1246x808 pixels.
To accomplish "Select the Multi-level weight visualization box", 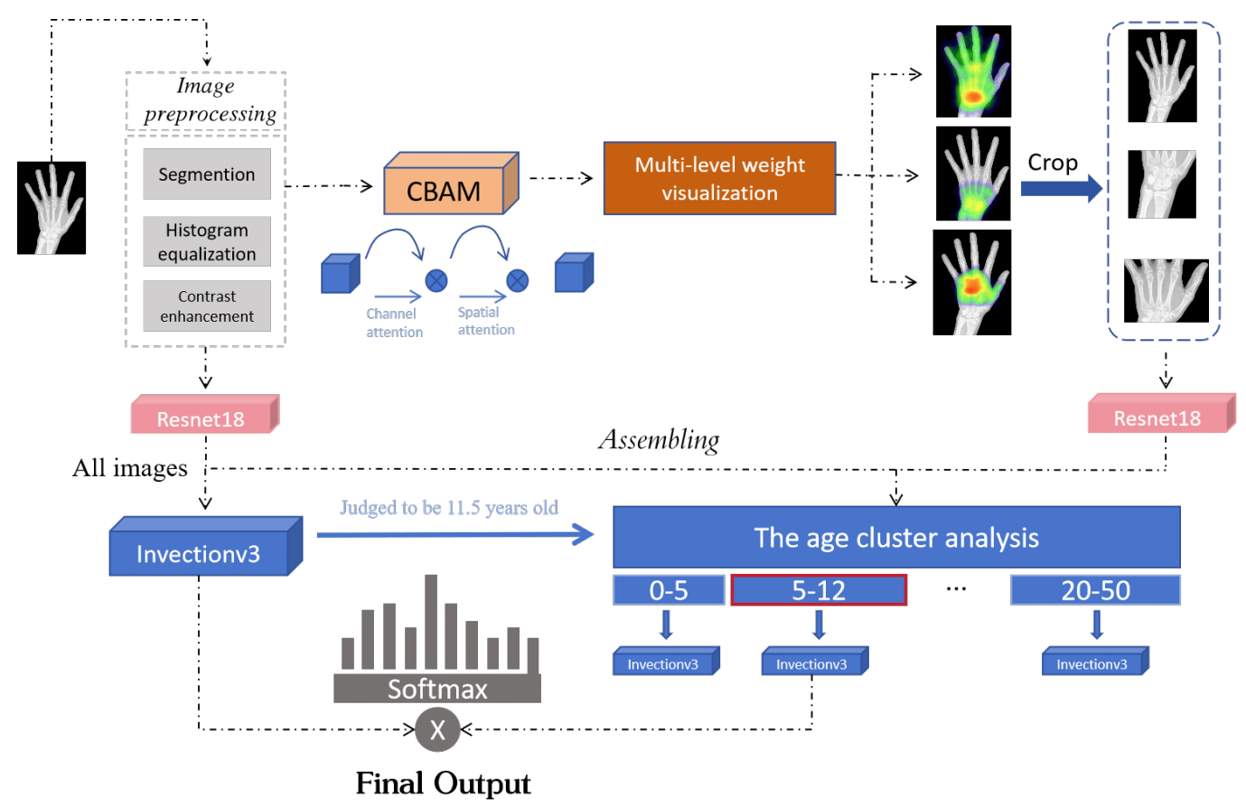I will coord(719,178).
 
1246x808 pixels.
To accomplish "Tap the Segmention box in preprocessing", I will coord(207,174).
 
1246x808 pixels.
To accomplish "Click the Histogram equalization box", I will coord(207,241).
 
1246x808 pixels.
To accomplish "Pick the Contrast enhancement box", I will coord(207,305).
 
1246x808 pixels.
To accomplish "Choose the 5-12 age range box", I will coord(819,590).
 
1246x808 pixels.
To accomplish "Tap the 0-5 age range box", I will coord(669,590).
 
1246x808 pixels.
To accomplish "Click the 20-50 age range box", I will coord(1095,590).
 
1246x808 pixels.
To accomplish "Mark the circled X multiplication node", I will coord(437,728).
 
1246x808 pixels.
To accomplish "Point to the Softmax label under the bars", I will coord(437,689).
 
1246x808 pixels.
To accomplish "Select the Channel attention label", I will coord(394,323).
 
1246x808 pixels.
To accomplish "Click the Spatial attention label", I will coord(486,321).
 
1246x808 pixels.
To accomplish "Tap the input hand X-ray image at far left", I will coord(52,208).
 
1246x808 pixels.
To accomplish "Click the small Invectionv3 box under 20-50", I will coord(1094,662).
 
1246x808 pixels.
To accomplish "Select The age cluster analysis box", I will coord(896,538).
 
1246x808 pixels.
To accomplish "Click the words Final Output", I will coord(443,783).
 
